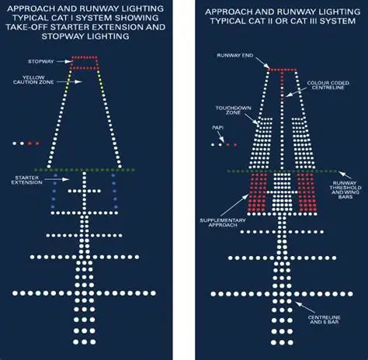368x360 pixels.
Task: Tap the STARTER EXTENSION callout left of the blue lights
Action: click(26, 180)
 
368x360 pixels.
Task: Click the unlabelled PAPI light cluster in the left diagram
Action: click(23, 144)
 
